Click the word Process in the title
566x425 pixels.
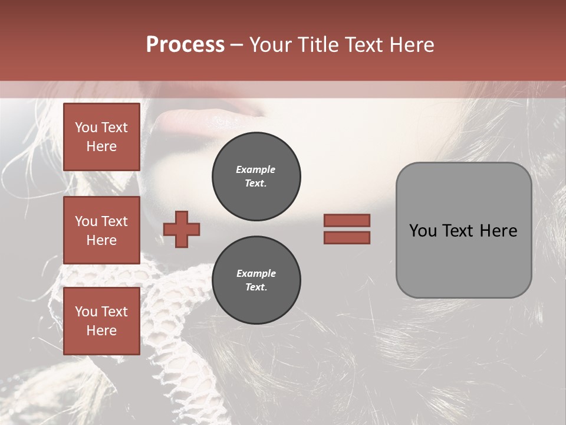pyautogui.click(x=185, y=45)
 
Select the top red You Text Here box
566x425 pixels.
pyautogui.click(x=101, y=137)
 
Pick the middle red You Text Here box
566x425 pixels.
pyautogui.click(x=101, y=230)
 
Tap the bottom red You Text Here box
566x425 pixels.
pyautogui.click(x=101, y=321)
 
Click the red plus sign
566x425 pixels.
pyautogui.click(x=182, y=228)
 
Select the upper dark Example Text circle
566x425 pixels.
pyautogui.click(x=256, y=176)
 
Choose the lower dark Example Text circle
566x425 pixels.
pyautogui.click(x=256, y=280)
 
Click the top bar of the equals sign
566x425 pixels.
pyautogui.click(x=347, y=221)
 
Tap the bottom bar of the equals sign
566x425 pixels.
pyautogui.click(x=347, y=237)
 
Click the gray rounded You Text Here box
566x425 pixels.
pyautogui.click(x=463, y=230)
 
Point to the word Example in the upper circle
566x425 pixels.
pyautogui.click(x=256, y=169)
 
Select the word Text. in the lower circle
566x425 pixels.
pyautogui.click(x=256, y=287)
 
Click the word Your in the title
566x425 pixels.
pyautogui.click(x=271, y=45)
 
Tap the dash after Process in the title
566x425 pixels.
pyautogui.click(x=236, y=45)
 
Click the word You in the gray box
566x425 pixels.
pyautogui.click(x=423, y=231)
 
